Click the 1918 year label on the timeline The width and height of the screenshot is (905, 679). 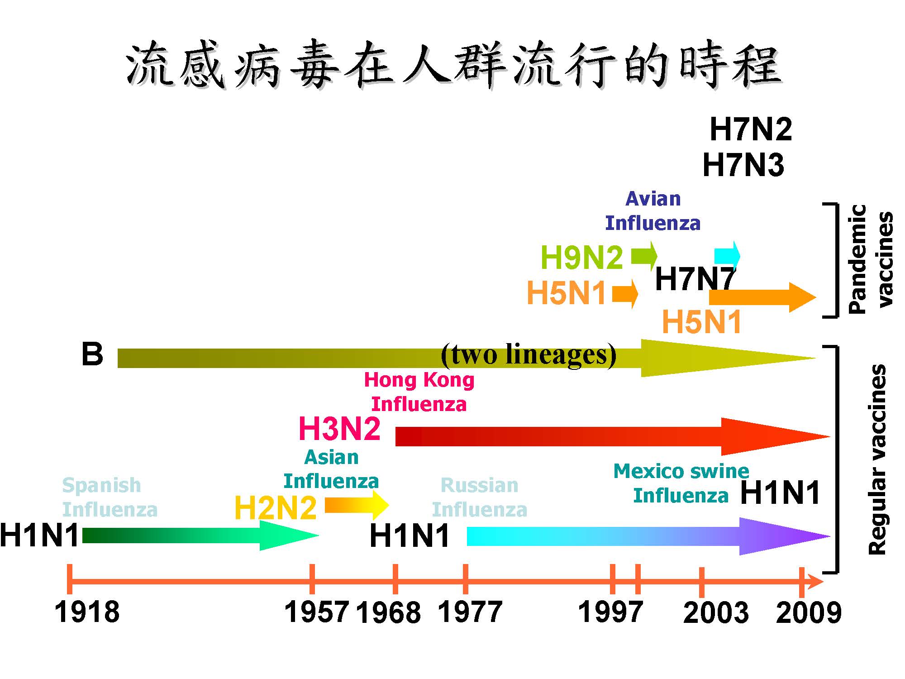point(87,612)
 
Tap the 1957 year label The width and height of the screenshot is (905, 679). point(317,612)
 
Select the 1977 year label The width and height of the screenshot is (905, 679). point(470,612)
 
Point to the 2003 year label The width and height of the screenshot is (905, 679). point(716,613)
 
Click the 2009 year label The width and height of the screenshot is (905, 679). point(809,613)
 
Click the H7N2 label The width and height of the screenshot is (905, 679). point(751,129)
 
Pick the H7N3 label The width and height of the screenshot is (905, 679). point(743,165)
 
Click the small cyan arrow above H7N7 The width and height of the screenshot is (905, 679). point(727,255)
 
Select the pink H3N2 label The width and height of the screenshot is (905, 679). point(339,429)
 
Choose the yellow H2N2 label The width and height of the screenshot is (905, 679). point(275,508)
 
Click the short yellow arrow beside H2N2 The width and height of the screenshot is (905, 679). point(357,505)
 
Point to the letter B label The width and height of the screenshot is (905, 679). point(92,354)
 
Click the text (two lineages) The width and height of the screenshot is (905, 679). point(529,354)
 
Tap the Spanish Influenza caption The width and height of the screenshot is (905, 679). point(110,497)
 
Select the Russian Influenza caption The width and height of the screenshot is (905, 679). point(480,497)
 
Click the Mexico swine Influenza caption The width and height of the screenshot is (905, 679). point(681,483)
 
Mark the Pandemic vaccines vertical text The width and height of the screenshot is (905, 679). point(871,259)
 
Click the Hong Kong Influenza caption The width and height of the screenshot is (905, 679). point(419,392)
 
